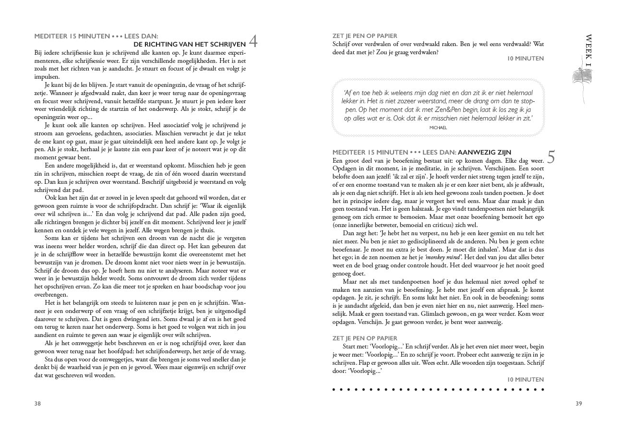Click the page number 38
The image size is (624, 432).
click(x=37, y=404)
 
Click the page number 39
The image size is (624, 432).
click(x=578, y=404)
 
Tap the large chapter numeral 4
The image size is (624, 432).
click(x=253, y=42)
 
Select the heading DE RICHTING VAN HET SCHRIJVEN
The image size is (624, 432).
click(x=189, y=44)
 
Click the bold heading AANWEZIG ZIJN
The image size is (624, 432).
click(x=484, y=153)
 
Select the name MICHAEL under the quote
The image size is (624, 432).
click(x=438, y=128)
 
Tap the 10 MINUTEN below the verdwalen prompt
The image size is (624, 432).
click(x=525, y=59)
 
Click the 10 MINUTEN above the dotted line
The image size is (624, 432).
click(x=525, y=380)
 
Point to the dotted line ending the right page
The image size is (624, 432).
click(x=438, y=390)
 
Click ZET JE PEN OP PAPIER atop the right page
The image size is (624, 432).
click(x=365, y=36)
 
